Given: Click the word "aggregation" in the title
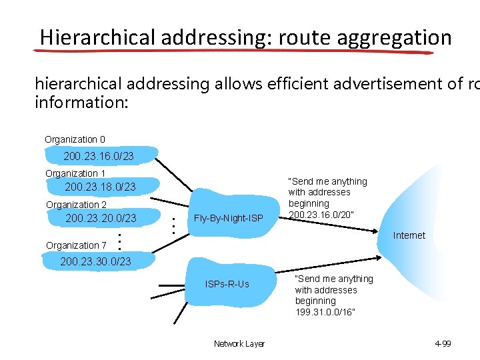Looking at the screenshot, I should pyautogui.click(x=395, y=37).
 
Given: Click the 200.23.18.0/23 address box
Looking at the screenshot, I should pyautogui.click(x=100, y=187).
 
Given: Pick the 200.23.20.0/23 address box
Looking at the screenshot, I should pyautogui.click(x=101, y=218).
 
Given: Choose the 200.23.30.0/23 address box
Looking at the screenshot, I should pyautogui.click(x=95, y=261).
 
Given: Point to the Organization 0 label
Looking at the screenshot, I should pyautogui.click(x=75, y=139).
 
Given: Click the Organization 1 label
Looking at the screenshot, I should pyautogui.click(x=75, y=173).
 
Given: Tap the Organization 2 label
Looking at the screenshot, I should pyautogui.click(x=76, y=205).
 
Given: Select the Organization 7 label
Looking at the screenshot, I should pyautogui.click(x=76, y=245).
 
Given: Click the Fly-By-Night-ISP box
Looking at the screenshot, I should pyautogui.click(x=228, y=218).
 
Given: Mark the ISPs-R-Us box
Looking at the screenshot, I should pyautogui.click(x=227, y=284).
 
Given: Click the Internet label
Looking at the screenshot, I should pyautogui.click(x=409, y=235).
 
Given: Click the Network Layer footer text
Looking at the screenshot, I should pyautogui.click(x=239, y=344).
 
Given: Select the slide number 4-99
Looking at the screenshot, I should pyautogui.click(x=443, y=344).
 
